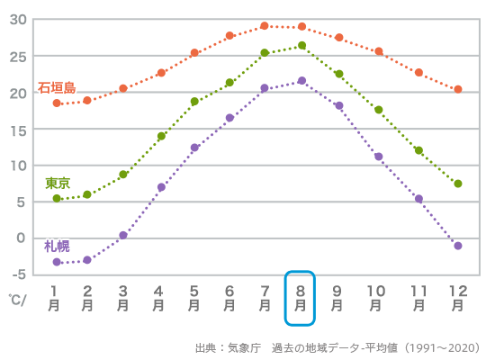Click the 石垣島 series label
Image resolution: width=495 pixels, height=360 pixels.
pos(57,88)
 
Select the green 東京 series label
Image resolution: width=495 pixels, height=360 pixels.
pos(58,183)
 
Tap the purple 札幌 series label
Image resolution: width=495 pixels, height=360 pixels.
pos(57,246)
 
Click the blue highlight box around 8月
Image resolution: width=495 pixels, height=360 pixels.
pos(301,297)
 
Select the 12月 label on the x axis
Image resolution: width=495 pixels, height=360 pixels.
pos(457,298)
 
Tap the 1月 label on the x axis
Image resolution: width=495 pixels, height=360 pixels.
pos(56,298)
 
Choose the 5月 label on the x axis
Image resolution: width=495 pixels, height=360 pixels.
pos(193,298)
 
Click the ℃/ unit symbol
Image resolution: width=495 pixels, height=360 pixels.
pos(18,299)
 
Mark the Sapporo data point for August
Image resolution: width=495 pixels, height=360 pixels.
pos(301,81)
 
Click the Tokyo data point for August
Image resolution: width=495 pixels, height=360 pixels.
pos(301,46)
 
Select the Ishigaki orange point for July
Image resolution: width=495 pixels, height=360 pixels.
pos(265,26)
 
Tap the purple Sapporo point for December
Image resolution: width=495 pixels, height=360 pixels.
pos(458,246)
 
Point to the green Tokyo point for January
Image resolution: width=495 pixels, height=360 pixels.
pos(57,199)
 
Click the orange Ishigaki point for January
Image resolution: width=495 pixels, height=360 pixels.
pos(57,103)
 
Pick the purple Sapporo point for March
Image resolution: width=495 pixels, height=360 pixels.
pos(123,235)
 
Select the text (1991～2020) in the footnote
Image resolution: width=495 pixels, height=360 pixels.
pos(442,347)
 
